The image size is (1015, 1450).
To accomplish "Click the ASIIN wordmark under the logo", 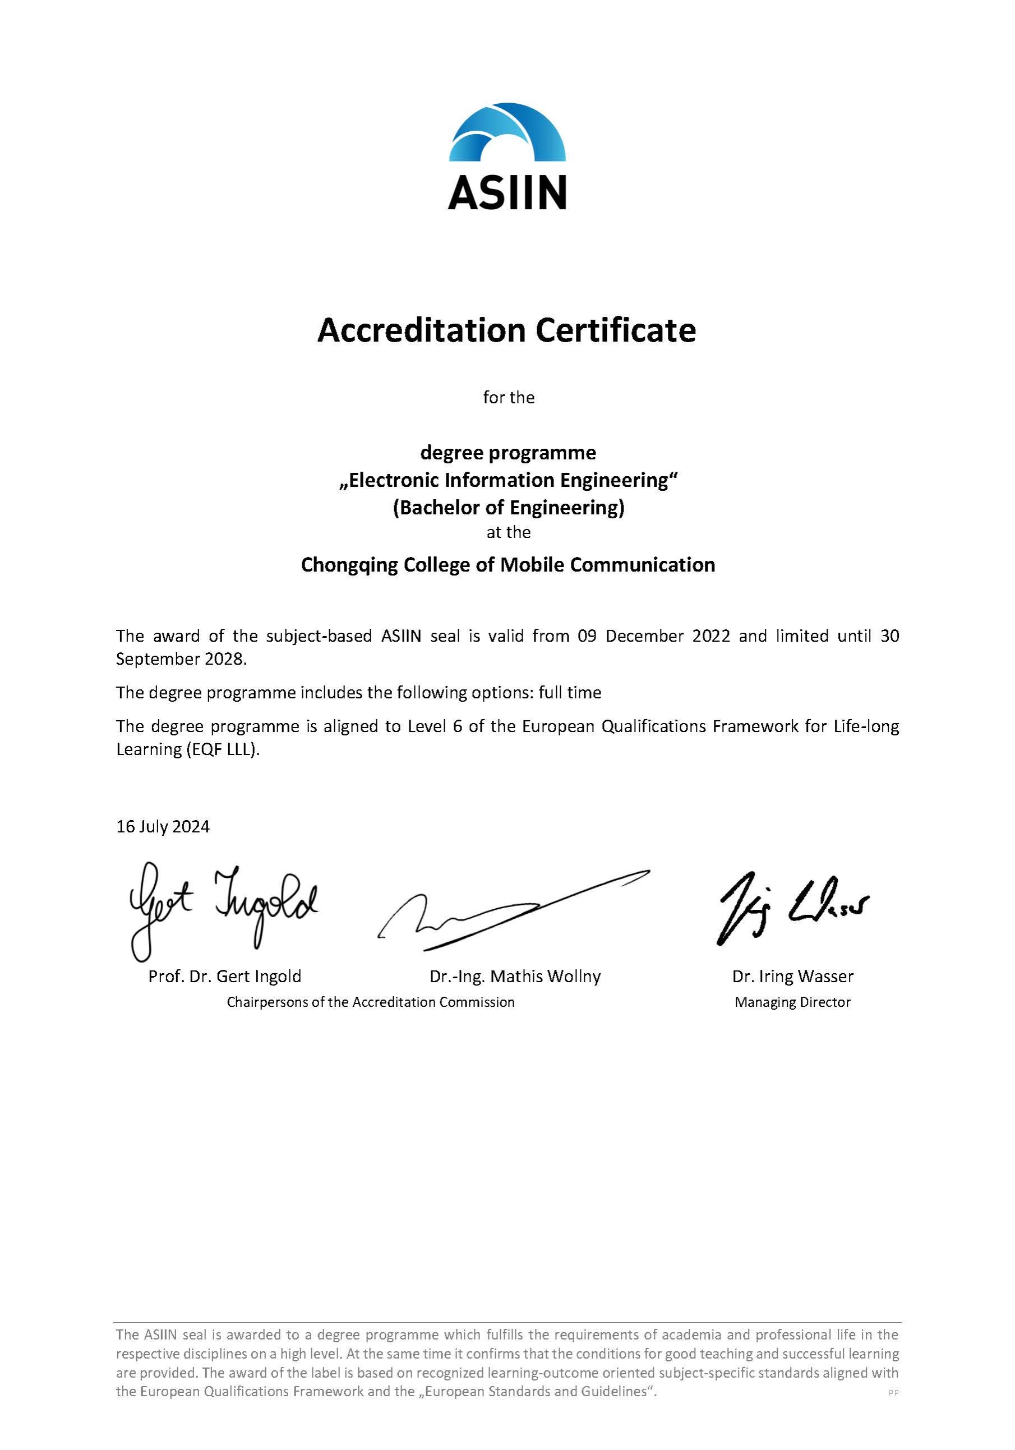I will pyautogui.click(x=507, y=192).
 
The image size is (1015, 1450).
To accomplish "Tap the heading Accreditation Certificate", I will pyautogui.click(x=506, y=330).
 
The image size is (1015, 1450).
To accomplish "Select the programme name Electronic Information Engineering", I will pyautogui.click(x=508, y=481).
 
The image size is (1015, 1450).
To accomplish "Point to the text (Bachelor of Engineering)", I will pyautogui.click(x=508, y=508).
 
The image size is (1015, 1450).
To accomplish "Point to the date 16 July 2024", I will pyautogui.click(x=163, y=827).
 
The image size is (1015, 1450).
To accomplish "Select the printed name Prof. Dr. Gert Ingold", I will pyautogui.click(x=225, y=977).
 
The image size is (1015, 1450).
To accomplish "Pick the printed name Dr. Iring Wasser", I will pyautogui.click(x=793, y=977).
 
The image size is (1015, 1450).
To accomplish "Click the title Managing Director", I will pyautogui.click(x=792, y=1002).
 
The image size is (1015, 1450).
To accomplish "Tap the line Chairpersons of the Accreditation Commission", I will pyautogui.click(x=371, y=1002).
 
